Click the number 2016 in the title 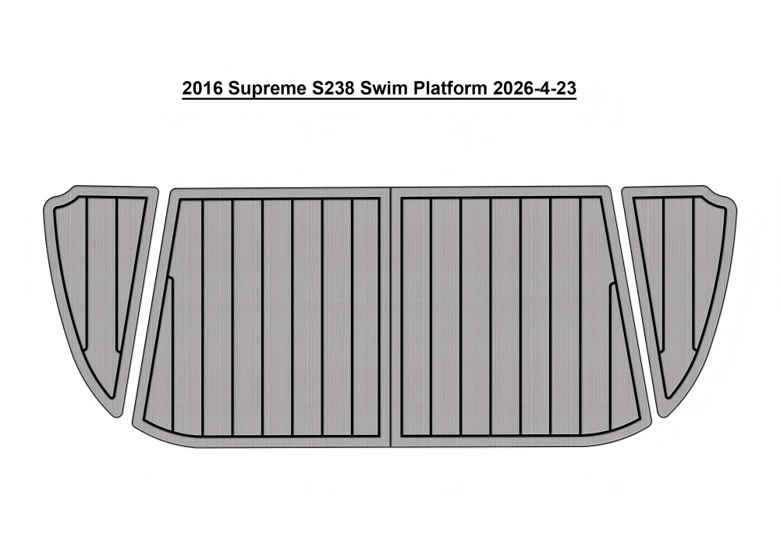[x=196, y=89]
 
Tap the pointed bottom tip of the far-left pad [x=118, y=416]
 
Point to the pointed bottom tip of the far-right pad [x=663, y=416]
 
